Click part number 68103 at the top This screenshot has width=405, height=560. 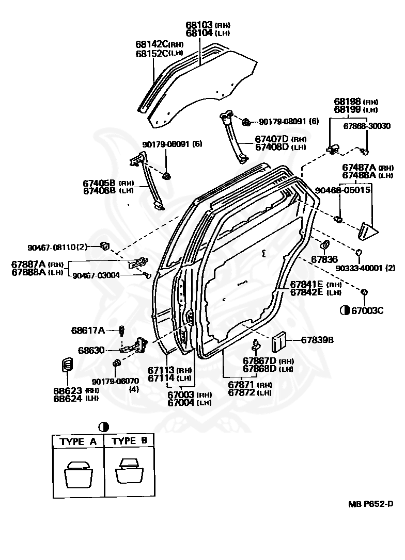199,25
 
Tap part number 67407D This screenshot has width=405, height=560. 271,139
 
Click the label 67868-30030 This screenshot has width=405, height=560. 367,126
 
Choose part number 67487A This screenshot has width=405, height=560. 360,167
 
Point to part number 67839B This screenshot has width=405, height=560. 317,340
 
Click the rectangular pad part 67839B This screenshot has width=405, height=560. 279,341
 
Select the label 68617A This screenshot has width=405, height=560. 88,330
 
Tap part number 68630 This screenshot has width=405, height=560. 91,350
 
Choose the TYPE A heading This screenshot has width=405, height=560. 78,441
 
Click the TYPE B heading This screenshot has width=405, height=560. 130,441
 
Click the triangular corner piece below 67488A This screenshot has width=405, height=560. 368,230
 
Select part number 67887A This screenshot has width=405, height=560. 29,264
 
